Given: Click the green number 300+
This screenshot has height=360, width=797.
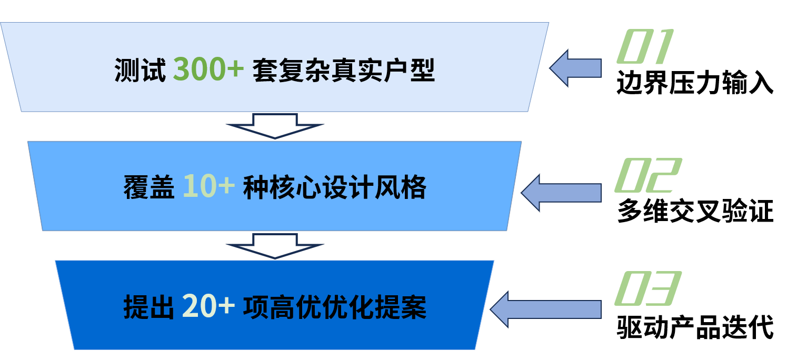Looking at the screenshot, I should click(x=208, y=69).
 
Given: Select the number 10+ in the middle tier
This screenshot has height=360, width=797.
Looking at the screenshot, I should click(x=208, y=187).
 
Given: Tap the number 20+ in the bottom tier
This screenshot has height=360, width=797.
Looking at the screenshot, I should click(x=208, y=306).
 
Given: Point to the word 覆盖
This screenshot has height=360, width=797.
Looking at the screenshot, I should click(x=149, y=188).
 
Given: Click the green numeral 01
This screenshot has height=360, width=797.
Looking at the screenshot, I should click(x=645, y=47).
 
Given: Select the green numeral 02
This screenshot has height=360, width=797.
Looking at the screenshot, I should click(x=647, y=175).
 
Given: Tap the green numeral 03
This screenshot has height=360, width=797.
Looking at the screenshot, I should click(x=647, y=289).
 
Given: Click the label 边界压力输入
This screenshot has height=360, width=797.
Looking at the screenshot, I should click(x=695, y=83).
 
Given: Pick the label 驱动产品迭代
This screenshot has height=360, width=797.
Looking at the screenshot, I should click(x=695, y=327).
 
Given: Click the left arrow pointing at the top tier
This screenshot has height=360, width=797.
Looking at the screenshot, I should click(x=575, y=68).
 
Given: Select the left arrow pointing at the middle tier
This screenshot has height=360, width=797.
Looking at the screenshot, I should click(x=561, y=193).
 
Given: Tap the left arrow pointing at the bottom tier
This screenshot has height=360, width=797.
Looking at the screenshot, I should click(x=546, y=309).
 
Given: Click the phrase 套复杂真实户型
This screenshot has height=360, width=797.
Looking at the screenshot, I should click(x=343, y=70).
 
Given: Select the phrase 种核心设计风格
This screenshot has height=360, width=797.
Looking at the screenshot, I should click(x=334, y=188).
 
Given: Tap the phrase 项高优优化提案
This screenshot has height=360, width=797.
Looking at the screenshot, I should click(x=334, y=307).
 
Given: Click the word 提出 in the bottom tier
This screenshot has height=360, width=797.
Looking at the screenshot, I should click(x=149, y=307).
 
